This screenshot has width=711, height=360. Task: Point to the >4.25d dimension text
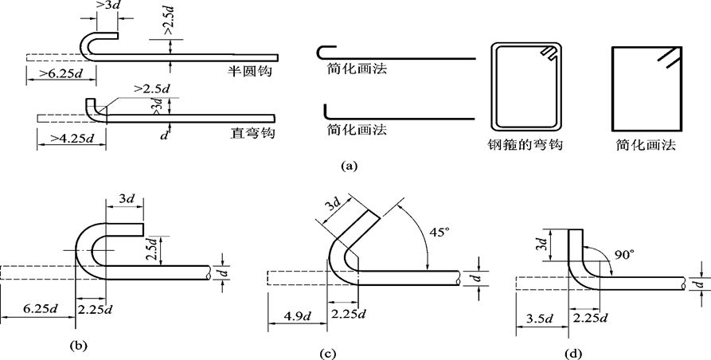point(67,139)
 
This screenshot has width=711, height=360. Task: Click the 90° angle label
point(624,256)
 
